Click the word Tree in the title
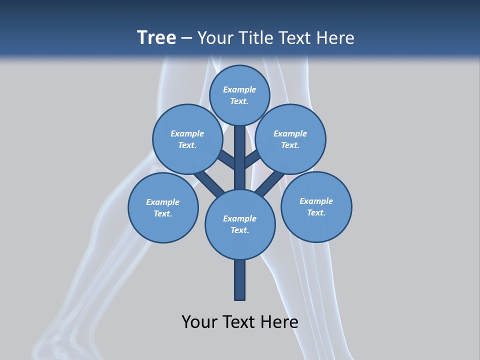coord(156,37)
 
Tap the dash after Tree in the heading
coord(187,38)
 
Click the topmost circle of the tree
coord(239,95)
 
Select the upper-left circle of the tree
coord(187,139)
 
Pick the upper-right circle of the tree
coord(290,139)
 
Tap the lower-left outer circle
coord(163,207)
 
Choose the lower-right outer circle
coord(316,206)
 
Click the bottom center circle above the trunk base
coord(240,224)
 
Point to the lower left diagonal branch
coord(209,183)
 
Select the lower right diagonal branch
coord(270,183)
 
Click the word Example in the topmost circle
coord(239,89)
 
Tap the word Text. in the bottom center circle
coord(239,230)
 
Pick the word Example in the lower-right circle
coord(316,201)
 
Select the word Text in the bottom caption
coord(240,321)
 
